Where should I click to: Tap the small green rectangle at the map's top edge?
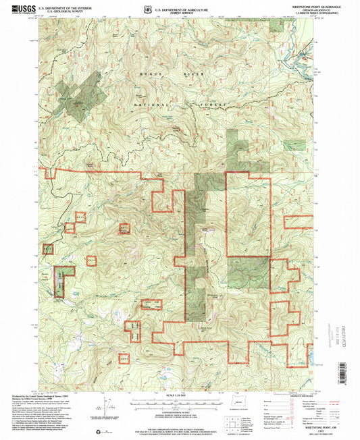click(276, 25)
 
